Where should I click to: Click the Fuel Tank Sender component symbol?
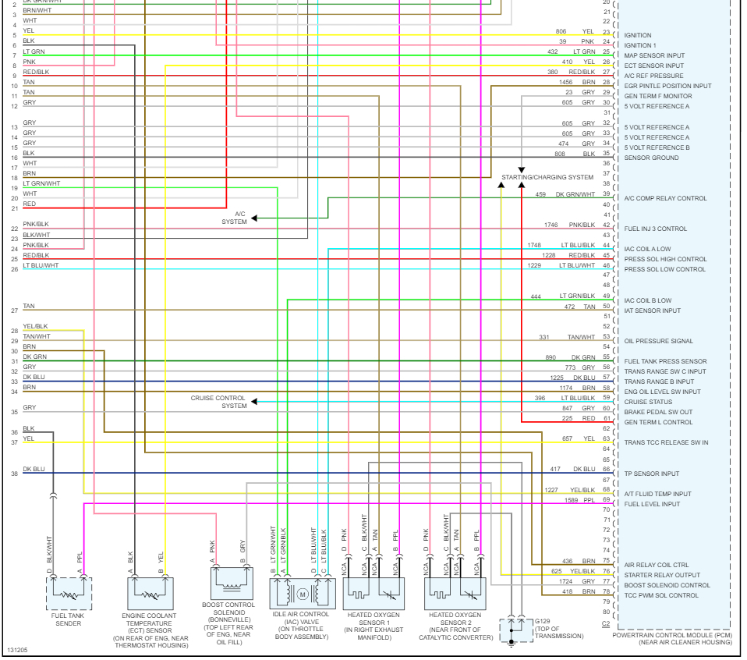pyautogui.click(x=69, y=594)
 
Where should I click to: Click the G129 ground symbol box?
pyautogui.click(x=513, y=630)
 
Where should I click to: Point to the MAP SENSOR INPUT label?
pyautogui.click(x=654, y=55)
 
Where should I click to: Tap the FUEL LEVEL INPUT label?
pyautogui.click(x=652, y=504)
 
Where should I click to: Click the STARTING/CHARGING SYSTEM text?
pyautogui.click(x=547, y=177)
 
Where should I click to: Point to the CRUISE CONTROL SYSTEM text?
pyautogui.click(x=218, y=402)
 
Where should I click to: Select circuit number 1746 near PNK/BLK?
pyautogui.click(x=552, y=225)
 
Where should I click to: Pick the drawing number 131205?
pyautogui.click(x=17, y=650)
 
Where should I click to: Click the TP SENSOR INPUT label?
pyautogui.click(x=651, y=474)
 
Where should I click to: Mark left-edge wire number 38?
pyautogui.click(x=14, y=474)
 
